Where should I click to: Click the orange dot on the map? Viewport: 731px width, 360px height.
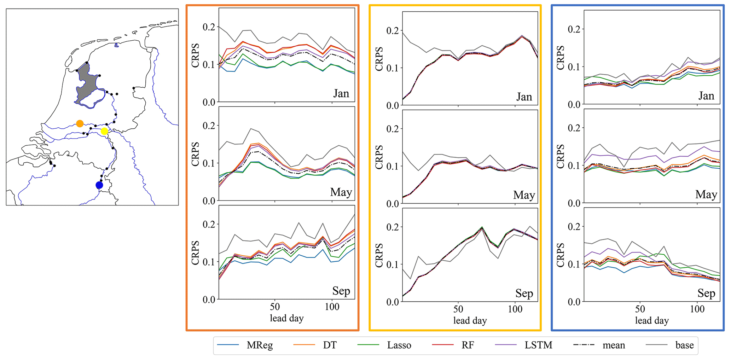tap(80, 123)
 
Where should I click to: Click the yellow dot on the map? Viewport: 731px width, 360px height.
tap(104, 131)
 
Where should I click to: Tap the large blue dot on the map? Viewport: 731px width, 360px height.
tap(99, 185)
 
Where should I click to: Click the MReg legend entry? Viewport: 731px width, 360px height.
tap(260, 345)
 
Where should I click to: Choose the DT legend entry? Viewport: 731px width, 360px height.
tap(330, 345)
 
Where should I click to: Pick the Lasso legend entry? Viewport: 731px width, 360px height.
tap(399, 345)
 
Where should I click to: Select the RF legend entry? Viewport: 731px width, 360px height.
tap(468, 345)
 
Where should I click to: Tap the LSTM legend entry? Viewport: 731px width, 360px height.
tap(538, 345)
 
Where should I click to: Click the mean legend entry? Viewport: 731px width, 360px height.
tap(614, 345)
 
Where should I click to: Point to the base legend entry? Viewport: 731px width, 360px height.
tap(684, 345)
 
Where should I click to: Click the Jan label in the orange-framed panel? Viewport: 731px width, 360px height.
tap(341, 94)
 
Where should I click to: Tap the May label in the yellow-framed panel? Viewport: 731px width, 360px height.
tap(524, 195)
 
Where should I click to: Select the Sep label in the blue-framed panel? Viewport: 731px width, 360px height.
tap(706, 293)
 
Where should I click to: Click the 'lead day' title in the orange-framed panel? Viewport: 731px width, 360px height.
tap(286, 318)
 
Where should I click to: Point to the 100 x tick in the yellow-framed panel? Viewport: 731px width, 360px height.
tap(515, 309)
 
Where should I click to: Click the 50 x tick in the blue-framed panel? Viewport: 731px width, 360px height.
tap(640, 309)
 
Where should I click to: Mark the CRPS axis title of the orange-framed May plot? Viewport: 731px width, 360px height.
tap(195, 154)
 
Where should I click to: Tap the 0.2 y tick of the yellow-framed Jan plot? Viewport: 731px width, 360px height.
tap(392, 31)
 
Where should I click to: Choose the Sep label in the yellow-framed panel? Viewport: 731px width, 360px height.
tap(524, 293)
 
